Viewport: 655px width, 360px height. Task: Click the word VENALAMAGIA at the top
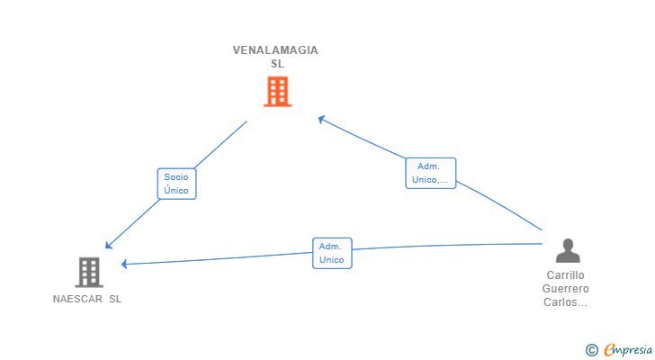coord(275,50)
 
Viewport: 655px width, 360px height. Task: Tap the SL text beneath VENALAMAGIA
coord(277,64)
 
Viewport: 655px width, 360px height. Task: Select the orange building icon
coord(277,92)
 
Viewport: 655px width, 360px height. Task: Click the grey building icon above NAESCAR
coord(88,272)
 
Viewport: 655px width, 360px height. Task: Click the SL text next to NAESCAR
coord(115,299)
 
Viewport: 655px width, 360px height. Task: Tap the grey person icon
coord(566,250)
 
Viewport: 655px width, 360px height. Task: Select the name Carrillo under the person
coord(566,274)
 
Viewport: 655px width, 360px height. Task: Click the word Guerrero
coord(566,289)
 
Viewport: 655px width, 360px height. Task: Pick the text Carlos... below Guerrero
coord(566,302)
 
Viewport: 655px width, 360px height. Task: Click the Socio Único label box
coord(176,184)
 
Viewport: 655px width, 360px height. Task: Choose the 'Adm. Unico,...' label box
coord(430,173)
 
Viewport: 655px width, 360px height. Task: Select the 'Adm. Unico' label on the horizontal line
coord(332,253)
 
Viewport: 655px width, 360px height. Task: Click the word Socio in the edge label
coord(176,177)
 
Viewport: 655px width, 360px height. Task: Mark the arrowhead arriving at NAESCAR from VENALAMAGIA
coord(108,246)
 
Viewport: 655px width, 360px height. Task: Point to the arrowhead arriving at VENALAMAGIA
coord(321,118)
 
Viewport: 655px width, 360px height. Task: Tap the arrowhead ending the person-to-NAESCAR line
coord(125,264)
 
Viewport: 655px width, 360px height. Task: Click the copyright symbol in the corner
coord(591,349)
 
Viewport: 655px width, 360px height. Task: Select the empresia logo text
coord(628,349)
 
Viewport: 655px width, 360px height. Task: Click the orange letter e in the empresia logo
coord(609,349)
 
